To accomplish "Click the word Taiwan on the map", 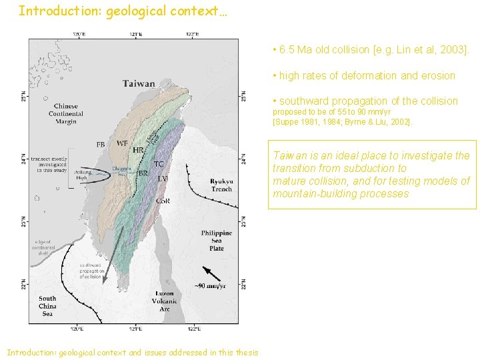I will pos(139,84).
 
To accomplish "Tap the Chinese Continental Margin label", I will pos(66,113).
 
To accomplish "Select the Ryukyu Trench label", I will pos(221,185).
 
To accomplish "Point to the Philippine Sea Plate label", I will pos(216,241).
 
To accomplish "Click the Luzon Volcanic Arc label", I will pos(164,301).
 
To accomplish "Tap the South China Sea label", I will pos(47,306).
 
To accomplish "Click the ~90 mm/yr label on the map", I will pos(213,287).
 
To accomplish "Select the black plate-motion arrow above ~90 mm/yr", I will pos(211,274).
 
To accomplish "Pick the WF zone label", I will pos(122,143).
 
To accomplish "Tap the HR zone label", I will pos(138,151).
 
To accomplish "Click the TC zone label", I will pos(159,163).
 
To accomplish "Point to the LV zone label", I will pos(163,179).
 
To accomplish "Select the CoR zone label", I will pos(163,201).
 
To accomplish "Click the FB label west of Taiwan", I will pos(101,144).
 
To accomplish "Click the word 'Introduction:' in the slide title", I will pos(56,11).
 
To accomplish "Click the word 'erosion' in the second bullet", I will pos(437,75).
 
